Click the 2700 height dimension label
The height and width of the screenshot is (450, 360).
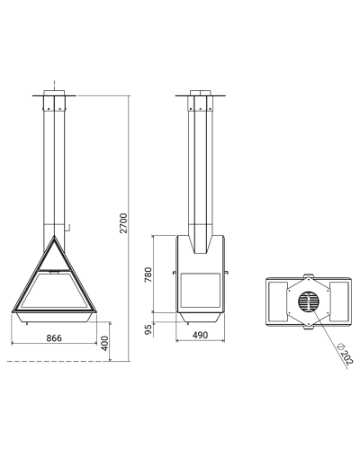[x=123, y=223]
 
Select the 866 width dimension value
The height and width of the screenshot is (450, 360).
[x=54, y=338]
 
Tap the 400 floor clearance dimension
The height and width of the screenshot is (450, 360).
[x=104, y=343]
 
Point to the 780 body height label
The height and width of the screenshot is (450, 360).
[x=148, y=274]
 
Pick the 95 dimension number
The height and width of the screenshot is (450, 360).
[x=148, y=329]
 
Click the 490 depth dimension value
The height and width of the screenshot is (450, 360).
[x=200, y=335]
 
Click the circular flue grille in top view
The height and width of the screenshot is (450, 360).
[x=309, y=301]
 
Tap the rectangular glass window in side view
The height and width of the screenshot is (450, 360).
[x=200, y=290]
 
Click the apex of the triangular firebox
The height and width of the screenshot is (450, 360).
[x=54, y=236]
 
